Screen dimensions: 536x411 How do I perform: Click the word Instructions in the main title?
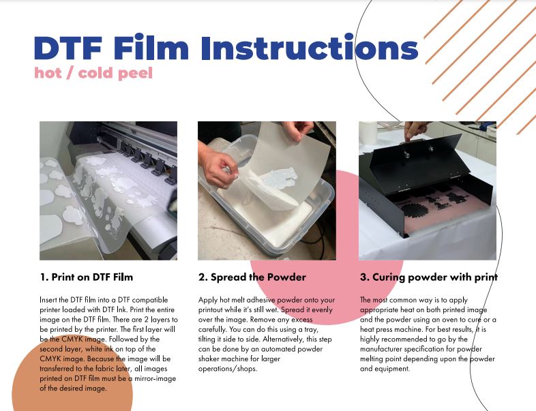tap(310, 48)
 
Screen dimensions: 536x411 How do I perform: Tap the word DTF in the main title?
tap(68, 48)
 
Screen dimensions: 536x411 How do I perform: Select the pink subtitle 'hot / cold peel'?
tap(93, 73)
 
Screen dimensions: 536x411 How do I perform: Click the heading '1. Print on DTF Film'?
tap(87, 277)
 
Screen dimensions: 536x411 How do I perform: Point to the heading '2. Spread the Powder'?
tap(252, 277)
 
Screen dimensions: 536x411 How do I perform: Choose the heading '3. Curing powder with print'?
tap(429, 277)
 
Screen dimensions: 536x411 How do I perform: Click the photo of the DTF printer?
tap(108, 191)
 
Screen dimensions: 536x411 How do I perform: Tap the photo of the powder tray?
tap(267, 191)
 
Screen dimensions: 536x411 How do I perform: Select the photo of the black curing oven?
tap(428, 191)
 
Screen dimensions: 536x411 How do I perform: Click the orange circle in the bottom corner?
tap(72, 374)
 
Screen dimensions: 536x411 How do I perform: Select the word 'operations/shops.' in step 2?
tap(228, 369)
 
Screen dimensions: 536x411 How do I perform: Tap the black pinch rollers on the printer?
tap(148, 159)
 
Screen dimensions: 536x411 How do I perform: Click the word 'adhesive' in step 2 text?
tap(260, 300)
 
